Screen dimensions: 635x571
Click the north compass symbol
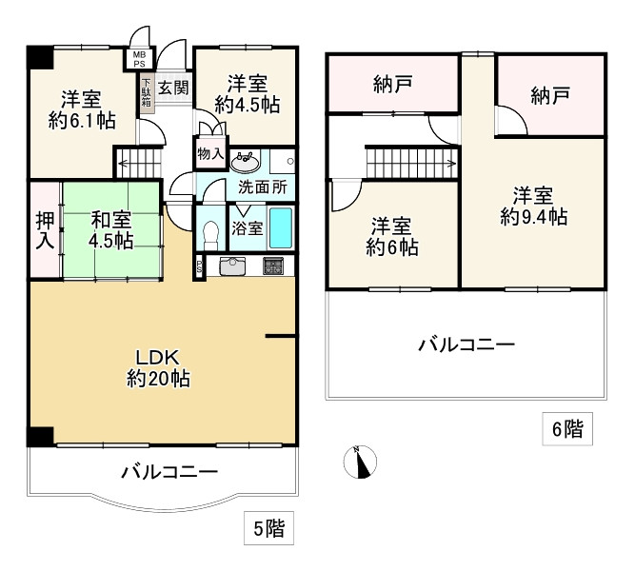(x=360, y=463)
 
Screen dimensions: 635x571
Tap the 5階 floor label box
(x=268, y=528)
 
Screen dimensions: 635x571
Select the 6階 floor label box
(x=567, y=429)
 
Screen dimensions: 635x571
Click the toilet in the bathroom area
(x=210, y=236)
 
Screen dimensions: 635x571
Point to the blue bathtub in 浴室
(x=281, y=228)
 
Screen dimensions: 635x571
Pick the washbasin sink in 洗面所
(x=246, y=163)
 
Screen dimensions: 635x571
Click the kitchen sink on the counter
(x=232, y=266)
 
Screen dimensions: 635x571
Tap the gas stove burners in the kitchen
(x=273, y=266)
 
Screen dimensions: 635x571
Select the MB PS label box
(x=139, y=59)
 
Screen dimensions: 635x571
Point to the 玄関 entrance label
(x=173, y=88)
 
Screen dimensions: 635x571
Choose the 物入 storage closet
(x=210, y=153)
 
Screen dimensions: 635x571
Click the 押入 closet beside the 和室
(x=45, y=230)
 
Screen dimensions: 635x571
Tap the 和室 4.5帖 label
(x=111, y=231)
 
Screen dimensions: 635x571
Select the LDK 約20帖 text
(x=158, y=368)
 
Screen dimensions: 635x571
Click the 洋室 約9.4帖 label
(x=534, y=207)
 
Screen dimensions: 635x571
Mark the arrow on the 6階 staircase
(x=449, y=164)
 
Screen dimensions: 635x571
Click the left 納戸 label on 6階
(x=392, y=85)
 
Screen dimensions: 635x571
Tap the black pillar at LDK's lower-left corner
(x=41, y=436)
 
